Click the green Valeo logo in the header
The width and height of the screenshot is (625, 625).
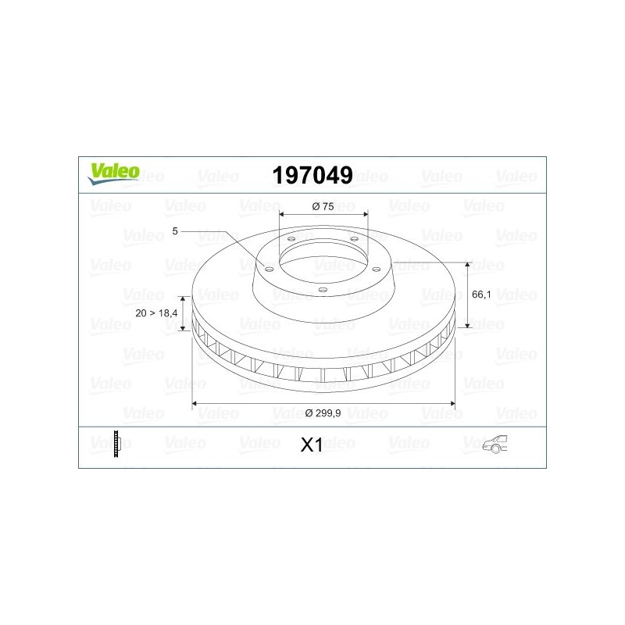114,174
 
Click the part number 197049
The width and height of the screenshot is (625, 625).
312,175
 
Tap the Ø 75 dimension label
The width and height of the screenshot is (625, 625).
323,206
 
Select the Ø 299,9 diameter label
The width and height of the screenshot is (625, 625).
323,413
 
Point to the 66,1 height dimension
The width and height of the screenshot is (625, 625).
481,295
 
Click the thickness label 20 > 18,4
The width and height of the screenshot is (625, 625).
156,313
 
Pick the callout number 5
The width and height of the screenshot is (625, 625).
174,231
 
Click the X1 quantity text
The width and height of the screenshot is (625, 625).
312,445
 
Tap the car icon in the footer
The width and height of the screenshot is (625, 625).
495,444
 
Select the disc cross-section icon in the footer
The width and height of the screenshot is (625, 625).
116,444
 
